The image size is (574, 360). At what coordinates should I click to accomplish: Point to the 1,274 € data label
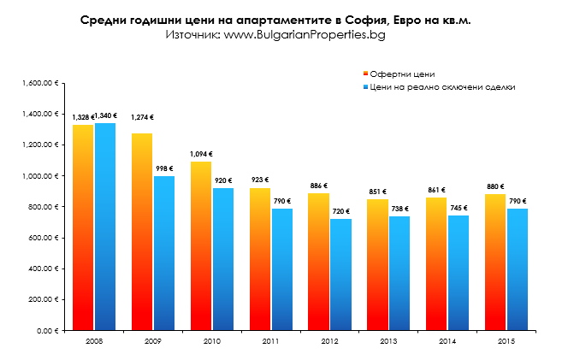click(142, 117)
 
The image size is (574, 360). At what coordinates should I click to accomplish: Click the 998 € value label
click(164, 168)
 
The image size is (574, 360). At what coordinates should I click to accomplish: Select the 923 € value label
click(258, 180)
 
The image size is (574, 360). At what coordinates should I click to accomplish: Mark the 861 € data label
click(436, 190)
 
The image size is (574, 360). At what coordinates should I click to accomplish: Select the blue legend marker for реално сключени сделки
click(364, 87)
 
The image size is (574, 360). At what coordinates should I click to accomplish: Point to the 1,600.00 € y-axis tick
click(41, 83)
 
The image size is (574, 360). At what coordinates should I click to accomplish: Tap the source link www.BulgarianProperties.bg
click(305, 34)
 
